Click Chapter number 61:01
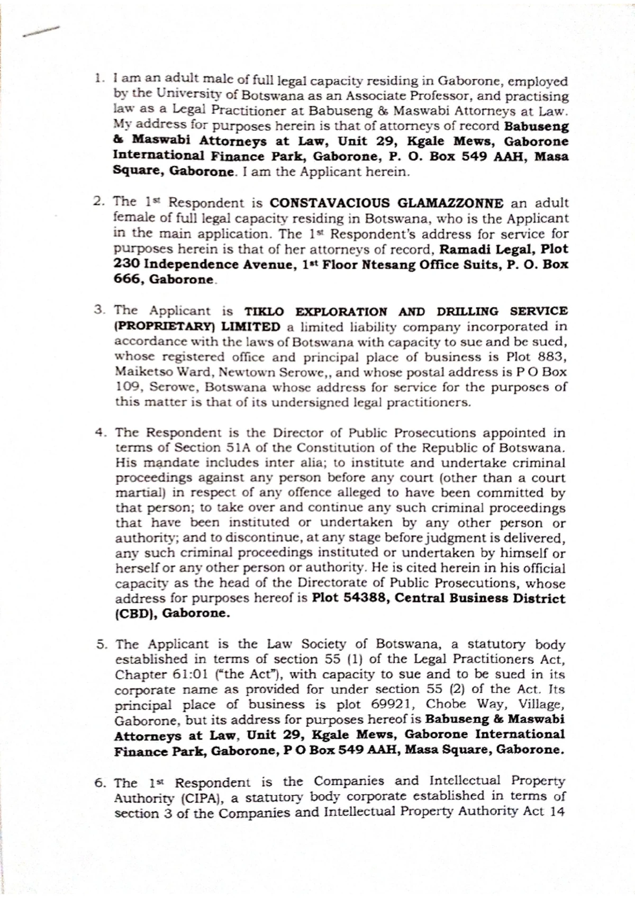click(185, 675)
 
